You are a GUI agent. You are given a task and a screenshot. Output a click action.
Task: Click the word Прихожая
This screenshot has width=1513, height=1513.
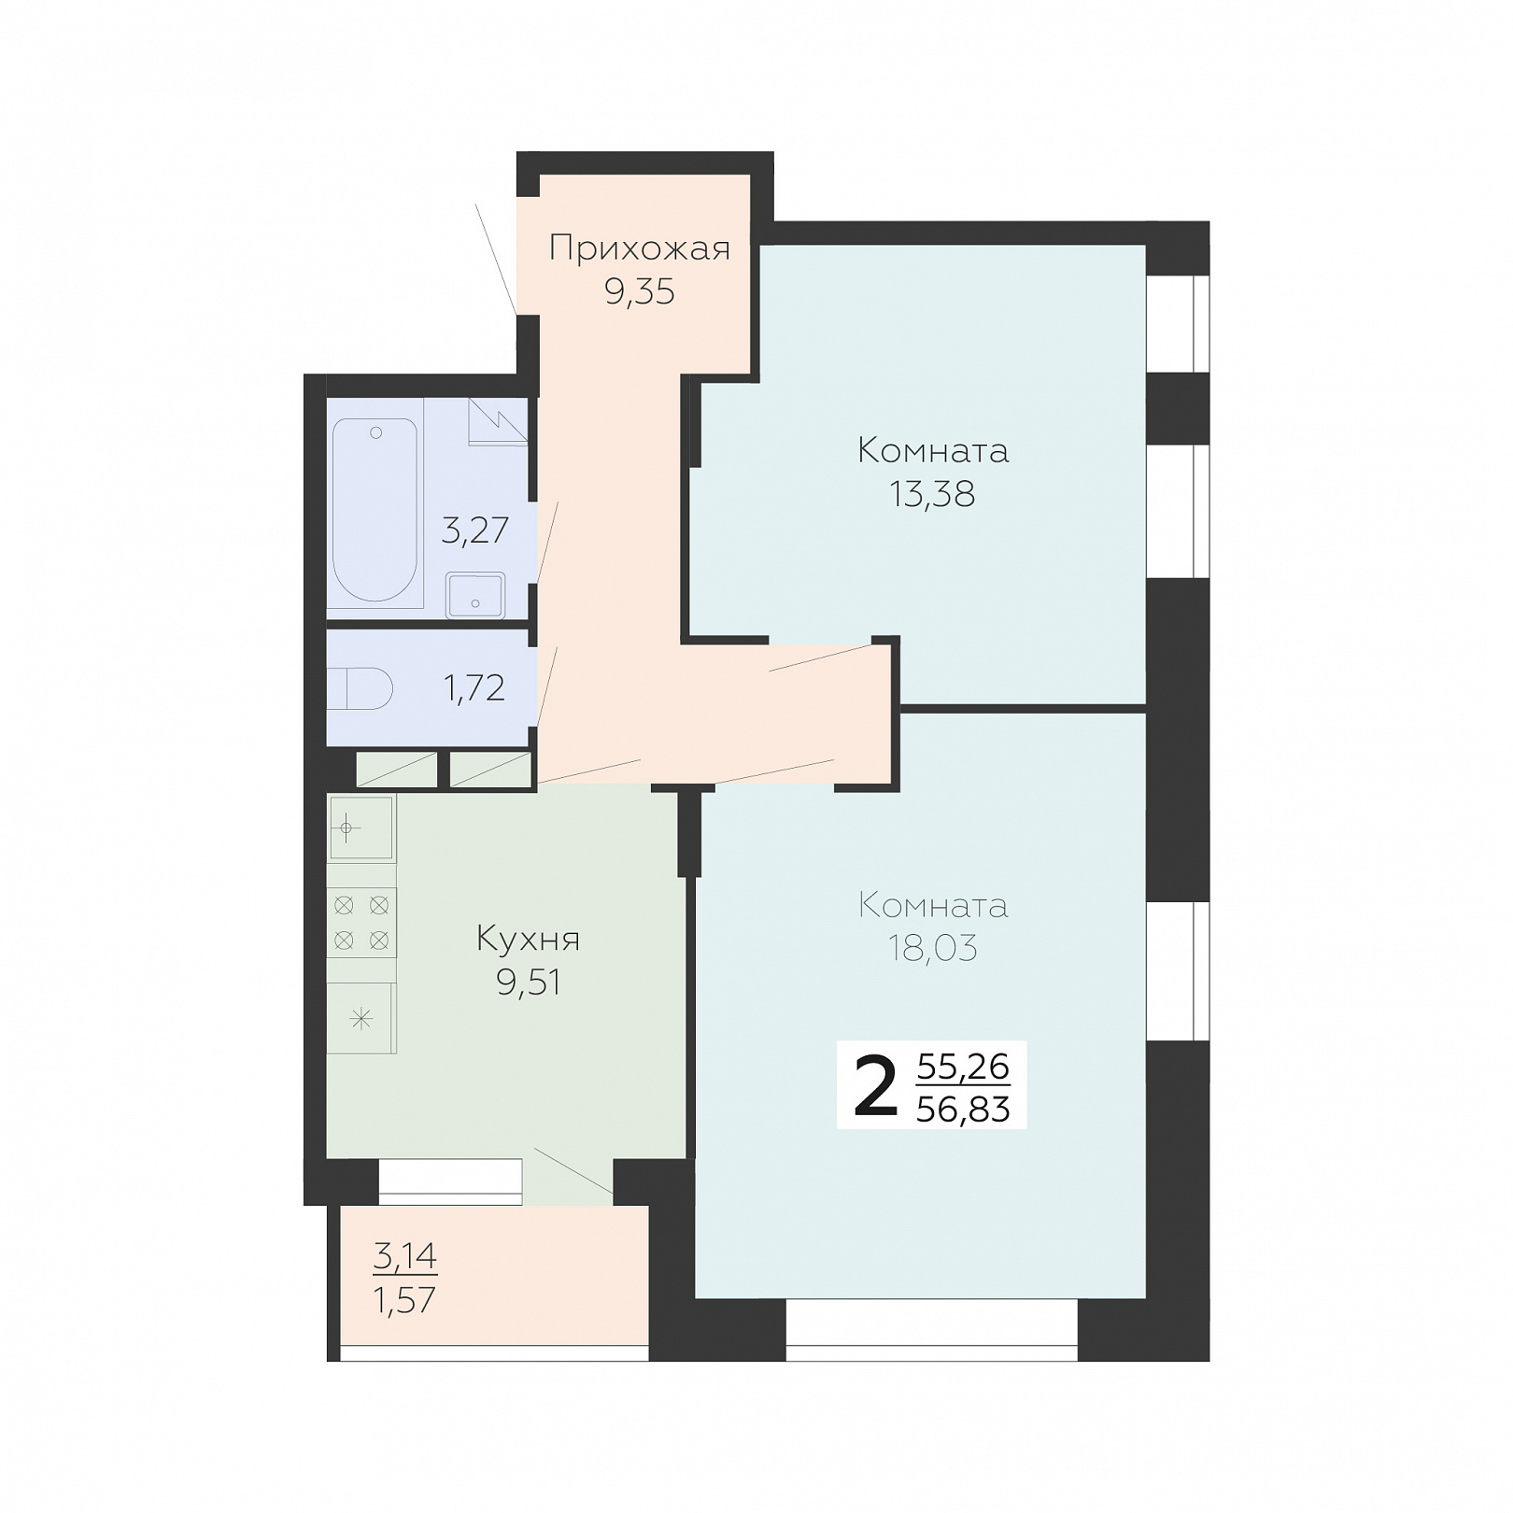point(640,249)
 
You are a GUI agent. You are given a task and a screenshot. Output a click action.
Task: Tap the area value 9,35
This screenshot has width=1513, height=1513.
point(640,292)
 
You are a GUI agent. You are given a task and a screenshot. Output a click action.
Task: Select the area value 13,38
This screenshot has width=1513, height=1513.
point(933,494)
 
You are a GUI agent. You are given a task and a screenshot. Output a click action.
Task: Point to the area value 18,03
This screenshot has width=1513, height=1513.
point(933,949)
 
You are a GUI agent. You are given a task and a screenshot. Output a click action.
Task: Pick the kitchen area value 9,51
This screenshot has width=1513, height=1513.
point(529,983)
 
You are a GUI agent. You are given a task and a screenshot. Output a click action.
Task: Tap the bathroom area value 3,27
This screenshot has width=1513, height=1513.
point(475,530)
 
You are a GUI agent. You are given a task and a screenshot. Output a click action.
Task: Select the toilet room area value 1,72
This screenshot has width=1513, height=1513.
point(474,688)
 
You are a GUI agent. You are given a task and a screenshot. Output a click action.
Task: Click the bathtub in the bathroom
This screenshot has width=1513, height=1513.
point(375,510)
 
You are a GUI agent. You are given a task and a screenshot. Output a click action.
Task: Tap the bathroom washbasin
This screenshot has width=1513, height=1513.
point(475,595)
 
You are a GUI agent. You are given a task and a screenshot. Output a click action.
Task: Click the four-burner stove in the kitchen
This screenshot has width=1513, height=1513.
point(361,923)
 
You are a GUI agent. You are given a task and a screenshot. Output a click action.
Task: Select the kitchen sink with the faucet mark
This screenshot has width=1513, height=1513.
point(361,827)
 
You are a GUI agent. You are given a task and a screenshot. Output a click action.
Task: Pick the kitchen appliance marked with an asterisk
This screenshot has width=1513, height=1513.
point(361,1019)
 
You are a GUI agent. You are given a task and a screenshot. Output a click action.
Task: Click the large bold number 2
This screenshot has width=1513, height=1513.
point(875,1085)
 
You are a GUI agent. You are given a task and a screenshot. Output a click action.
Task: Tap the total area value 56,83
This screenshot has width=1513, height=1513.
point(963,1110)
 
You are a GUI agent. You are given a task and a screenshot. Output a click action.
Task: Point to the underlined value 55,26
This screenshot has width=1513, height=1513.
point(963,1066)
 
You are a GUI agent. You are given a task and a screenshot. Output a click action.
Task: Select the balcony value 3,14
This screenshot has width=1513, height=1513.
point(405,1256)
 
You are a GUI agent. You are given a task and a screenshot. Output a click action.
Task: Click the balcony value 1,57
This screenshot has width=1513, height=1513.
point(405,1300)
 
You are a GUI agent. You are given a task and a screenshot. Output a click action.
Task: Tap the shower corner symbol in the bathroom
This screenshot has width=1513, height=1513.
point(498,422)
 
